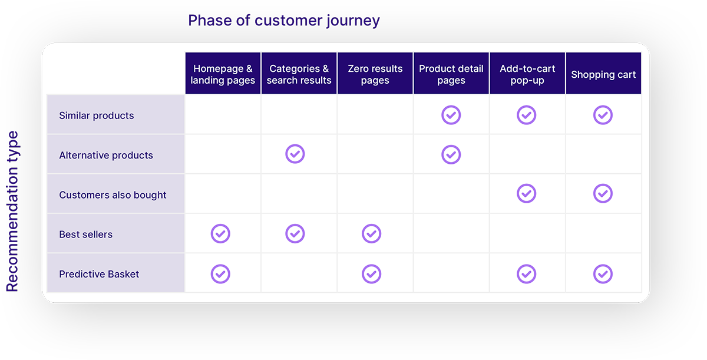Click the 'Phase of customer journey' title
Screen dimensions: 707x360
click(284, 21)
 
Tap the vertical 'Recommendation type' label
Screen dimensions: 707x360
click(12, 212)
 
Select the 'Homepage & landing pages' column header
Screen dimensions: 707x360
click(223, 74)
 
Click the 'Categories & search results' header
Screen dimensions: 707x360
click(299, 74)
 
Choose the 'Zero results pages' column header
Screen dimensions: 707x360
click(375, 74)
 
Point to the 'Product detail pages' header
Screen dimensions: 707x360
click(451, 74)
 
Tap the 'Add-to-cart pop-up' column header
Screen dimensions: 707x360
click(527, 74)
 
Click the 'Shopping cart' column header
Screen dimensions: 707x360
click(603, 74)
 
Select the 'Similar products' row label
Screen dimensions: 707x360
click(96, 115)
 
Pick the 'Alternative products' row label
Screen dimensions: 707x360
click(105, 155)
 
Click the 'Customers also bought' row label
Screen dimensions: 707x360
click(113, 195)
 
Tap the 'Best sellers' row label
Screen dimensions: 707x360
click(85, 235)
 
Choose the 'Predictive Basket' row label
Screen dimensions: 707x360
click(99, 274)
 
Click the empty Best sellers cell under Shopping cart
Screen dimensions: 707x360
click(603, 233)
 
